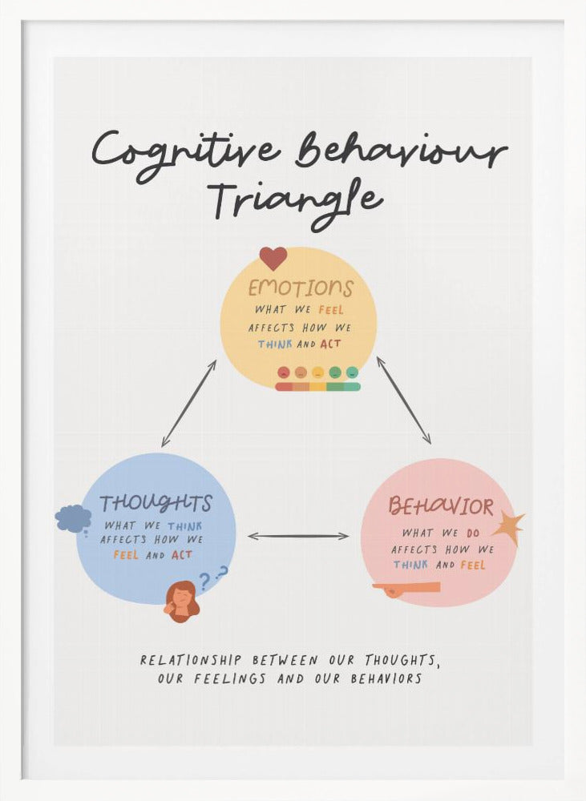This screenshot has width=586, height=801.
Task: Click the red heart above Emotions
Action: coord(273,258)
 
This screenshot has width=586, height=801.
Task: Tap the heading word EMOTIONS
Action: coord(300,288)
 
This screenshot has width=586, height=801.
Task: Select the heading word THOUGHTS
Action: coord(156,504)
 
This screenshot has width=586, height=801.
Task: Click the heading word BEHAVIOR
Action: coord(441,506)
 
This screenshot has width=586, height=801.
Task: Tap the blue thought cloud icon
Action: coord(73,518)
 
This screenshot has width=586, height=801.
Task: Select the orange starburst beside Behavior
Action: coord(508,527)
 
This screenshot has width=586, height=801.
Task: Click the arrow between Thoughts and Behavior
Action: coord(298,536)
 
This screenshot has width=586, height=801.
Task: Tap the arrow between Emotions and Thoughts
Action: coord(188,403)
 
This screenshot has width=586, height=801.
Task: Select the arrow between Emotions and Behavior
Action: coord(404,400)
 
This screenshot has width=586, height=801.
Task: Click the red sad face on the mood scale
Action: coord(283,372)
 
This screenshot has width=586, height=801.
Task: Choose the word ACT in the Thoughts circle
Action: coord(182,555)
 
